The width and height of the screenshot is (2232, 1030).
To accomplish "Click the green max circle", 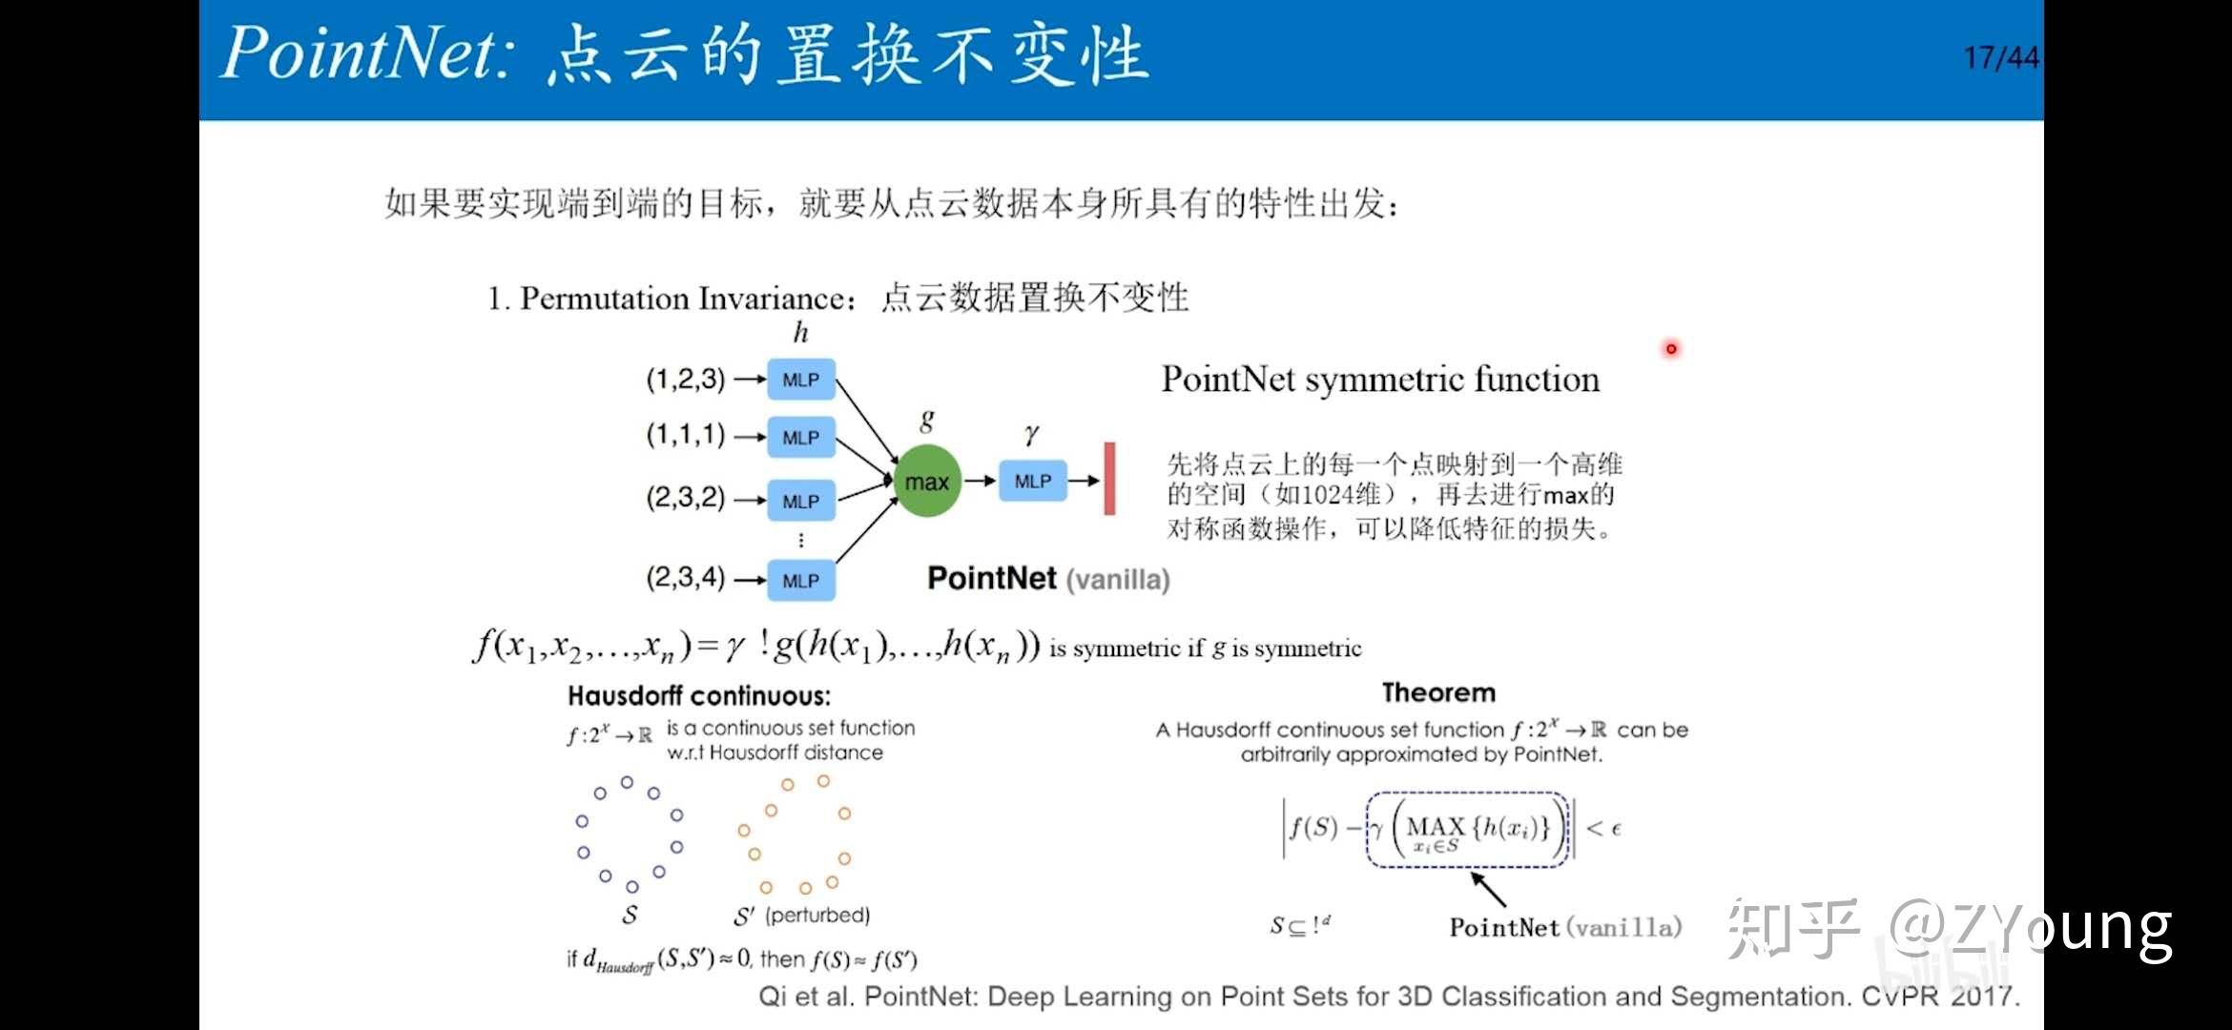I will (926, 482).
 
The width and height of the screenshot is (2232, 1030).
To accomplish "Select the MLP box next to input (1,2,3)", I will (800, 380).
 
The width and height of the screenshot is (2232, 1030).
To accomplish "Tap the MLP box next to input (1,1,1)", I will (800, 438).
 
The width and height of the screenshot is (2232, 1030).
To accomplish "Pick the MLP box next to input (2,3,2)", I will (800, 501).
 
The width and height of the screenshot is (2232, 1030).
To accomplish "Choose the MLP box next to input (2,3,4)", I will (800, 580).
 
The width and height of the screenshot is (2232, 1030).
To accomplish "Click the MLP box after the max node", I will (1032, 482).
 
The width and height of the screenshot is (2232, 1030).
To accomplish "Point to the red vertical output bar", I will (1109, 479).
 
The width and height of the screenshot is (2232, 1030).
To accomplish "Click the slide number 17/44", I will (2000, 58).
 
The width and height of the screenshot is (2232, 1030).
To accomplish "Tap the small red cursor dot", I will (1671, 349).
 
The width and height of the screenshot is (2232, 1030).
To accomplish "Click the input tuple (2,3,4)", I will (685, 577).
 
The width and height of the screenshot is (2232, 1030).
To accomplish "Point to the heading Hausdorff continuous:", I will (699, 695).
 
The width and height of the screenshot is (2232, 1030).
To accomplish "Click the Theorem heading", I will (1438, 692).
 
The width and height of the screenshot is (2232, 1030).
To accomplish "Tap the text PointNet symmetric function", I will (1379, 380).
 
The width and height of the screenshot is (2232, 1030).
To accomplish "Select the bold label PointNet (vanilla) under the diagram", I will (1047, 579).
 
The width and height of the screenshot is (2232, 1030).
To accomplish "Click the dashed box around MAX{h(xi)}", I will (1467, 829).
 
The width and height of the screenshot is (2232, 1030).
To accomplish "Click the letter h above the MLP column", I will (800, 332).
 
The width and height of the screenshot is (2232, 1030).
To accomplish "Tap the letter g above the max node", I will (926, 420).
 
